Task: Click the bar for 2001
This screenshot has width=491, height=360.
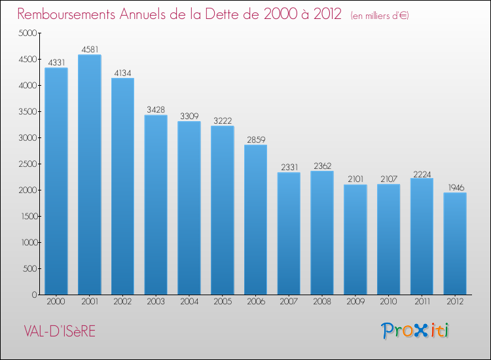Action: (x=89, y=175)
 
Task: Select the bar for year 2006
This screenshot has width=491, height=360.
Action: (x=255, y=220)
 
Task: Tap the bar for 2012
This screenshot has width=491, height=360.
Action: (x=455, y=243)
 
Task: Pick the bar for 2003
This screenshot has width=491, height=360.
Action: (x=156, y=205)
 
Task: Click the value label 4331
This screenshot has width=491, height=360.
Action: (x=56, y=62)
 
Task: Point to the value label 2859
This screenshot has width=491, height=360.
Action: (x=255, y=139)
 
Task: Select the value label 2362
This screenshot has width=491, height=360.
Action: (x=322, y=166)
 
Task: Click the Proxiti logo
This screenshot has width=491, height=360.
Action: (x=415, y=331)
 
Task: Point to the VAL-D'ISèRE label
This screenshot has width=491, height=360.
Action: (x=58, y=332)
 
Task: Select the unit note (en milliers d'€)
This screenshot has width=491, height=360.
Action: (x=379, y=15)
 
